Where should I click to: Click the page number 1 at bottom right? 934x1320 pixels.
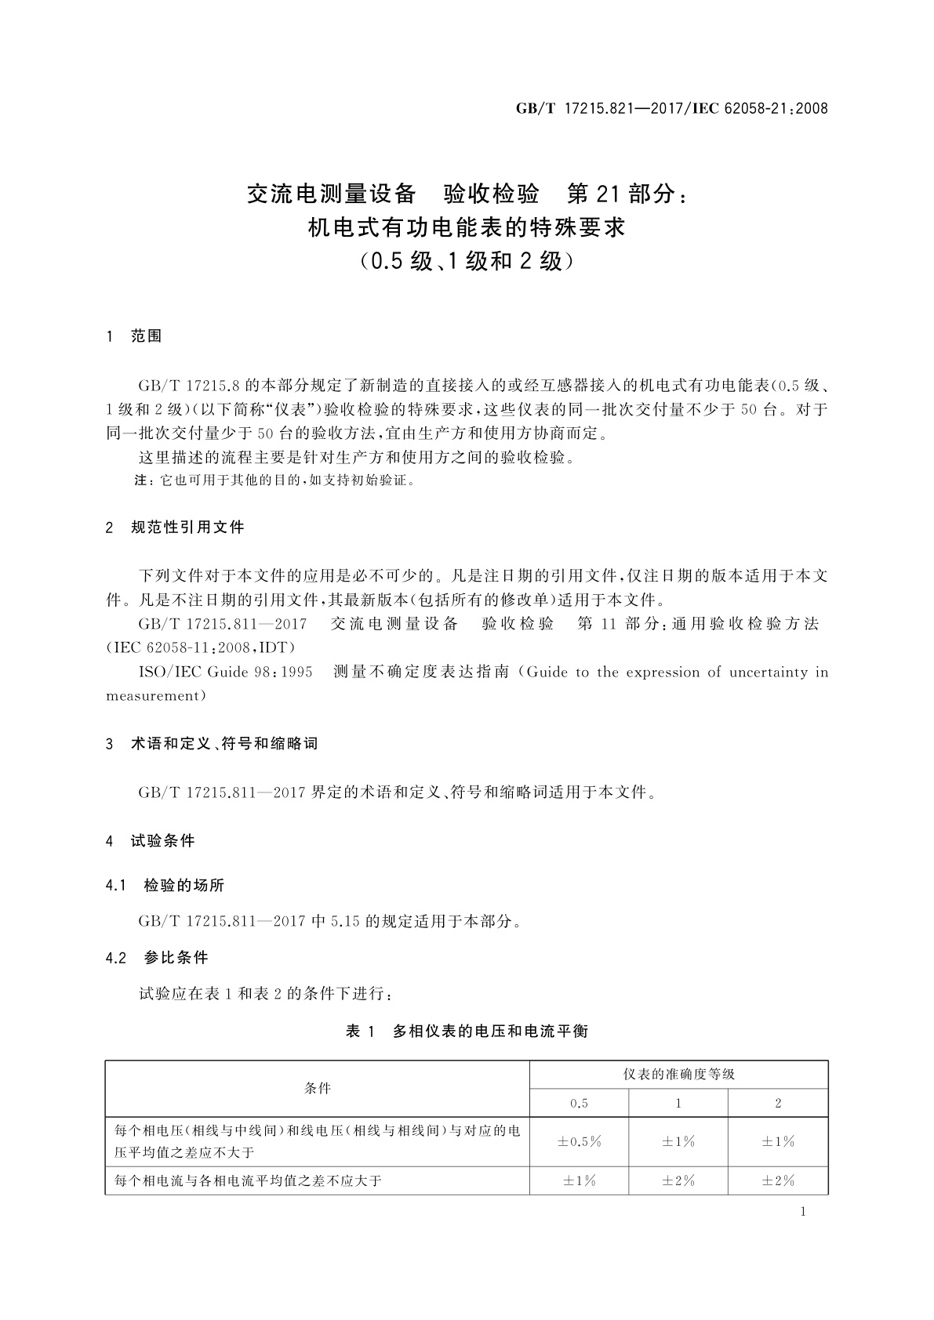pyautogui.click(x=802, y=1212)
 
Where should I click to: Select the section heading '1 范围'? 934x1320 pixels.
pyautogui.click(x=134, y=336)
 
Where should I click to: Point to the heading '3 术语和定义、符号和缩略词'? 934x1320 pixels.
pyautogui.click(x=212, y=743)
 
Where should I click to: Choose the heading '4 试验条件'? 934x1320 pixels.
pyautogui.click(x=151, y=841)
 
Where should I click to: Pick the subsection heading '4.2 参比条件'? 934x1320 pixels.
pyautogui.click(x=157, y=958)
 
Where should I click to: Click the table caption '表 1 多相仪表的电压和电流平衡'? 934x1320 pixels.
pyautogui.click(x=467, y=1032)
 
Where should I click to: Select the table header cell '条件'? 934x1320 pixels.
pyautogui.click(x=317, y=1088)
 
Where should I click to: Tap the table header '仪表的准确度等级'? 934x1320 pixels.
pyautogui.click(x=678, y=1074)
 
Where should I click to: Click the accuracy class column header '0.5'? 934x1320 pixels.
pyautogui.click(x=579, y=1103)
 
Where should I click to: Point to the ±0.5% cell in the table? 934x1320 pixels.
pyautogui.click(x=579, y=1141)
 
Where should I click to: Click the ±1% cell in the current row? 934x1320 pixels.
pyautogui.click(x=579, y=1180)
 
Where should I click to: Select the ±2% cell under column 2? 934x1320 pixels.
pyautogui.click(x=778, y=1180)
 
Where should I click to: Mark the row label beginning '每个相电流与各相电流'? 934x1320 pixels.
pyautogui.click(x=248, y=1180)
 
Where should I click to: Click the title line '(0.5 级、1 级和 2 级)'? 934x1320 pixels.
pyautogui.click(x=467, y=261)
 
